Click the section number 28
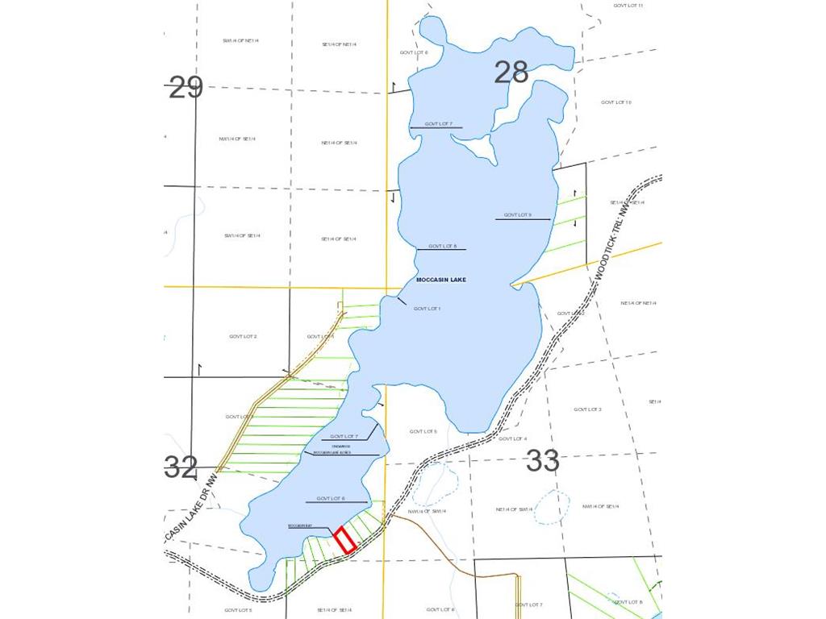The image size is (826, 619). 511,73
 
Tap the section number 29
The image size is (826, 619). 186,87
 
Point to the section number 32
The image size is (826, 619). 181,467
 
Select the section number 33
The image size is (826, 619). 543,461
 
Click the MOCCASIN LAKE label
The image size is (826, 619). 441,280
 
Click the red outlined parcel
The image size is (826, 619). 345,539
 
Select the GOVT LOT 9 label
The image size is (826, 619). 518,215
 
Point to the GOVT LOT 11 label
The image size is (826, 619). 628,6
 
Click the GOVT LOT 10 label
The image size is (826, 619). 616,102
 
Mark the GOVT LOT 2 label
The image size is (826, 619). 243,336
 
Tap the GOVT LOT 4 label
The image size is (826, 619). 513,438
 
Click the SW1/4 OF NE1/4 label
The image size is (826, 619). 240,40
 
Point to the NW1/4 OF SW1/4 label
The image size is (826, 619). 428,511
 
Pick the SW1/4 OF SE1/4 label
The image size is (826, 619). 243,235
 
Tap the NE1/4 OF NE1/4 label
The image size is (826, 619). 638,303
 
